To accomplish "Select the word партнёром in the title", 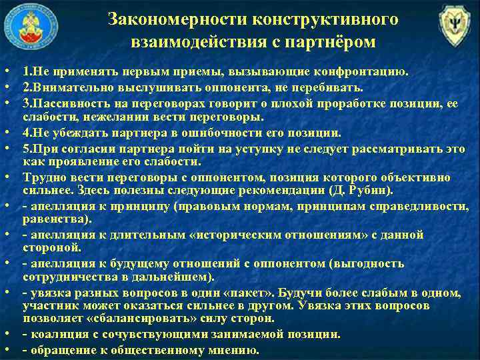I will click(333, 43).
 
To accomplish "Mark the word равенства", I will click(49, 219).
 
